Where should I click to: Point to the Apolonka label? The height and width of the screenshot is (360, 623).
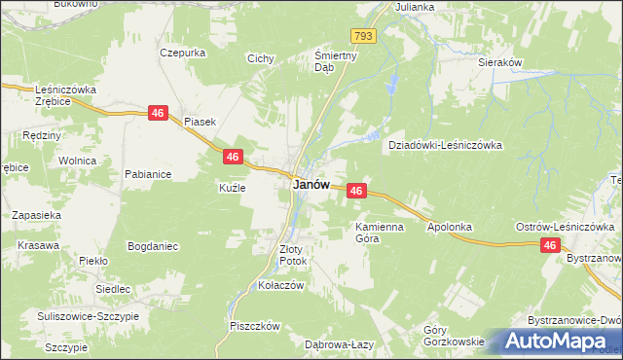click(x=450, y=227)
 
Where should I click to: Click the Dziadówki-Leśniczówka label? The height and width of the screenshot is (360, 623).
click(x=445, y=145)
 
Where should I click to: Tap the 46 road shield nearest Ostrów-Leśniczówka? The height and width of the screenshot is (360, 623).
click(x=551, y=248)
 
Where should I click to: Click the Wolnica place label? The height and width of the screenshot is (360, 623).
click(x=76, y=161)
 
